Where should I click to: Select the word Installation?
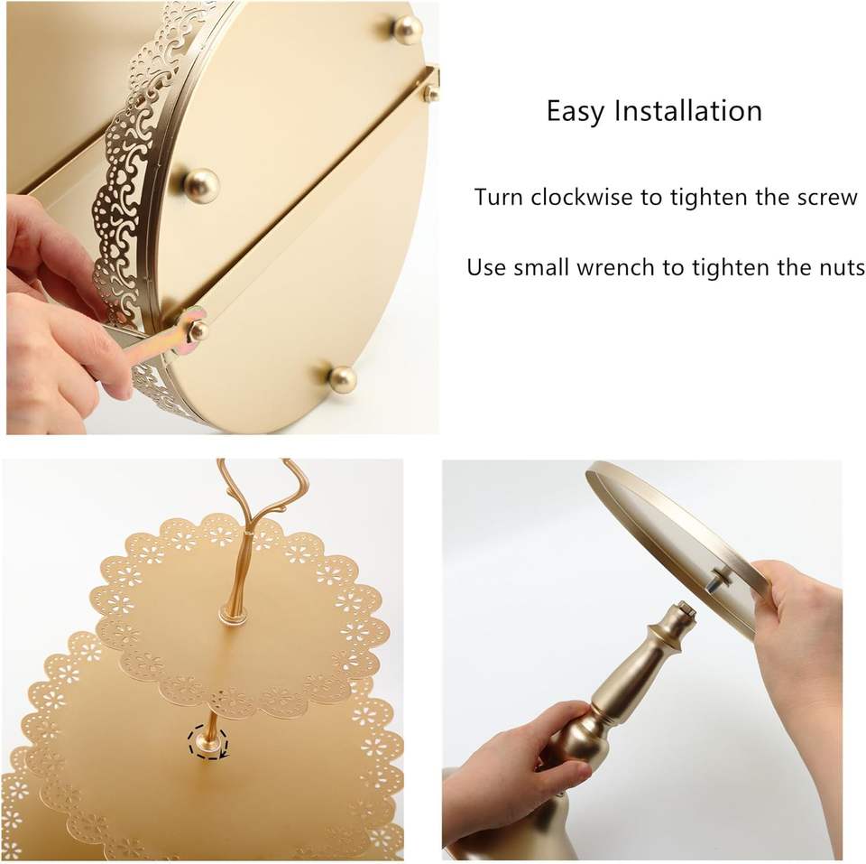pos(688,110)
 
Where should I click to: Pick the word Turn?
pos(499,197)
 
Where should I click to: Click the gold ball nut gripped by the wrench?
pos(198,330)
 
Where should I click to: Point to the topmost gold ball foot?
pos(408,29)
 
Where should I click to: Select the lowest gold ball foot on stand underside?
pos(342,379)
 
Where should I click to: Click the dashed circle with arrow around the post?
pos(207,743)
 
